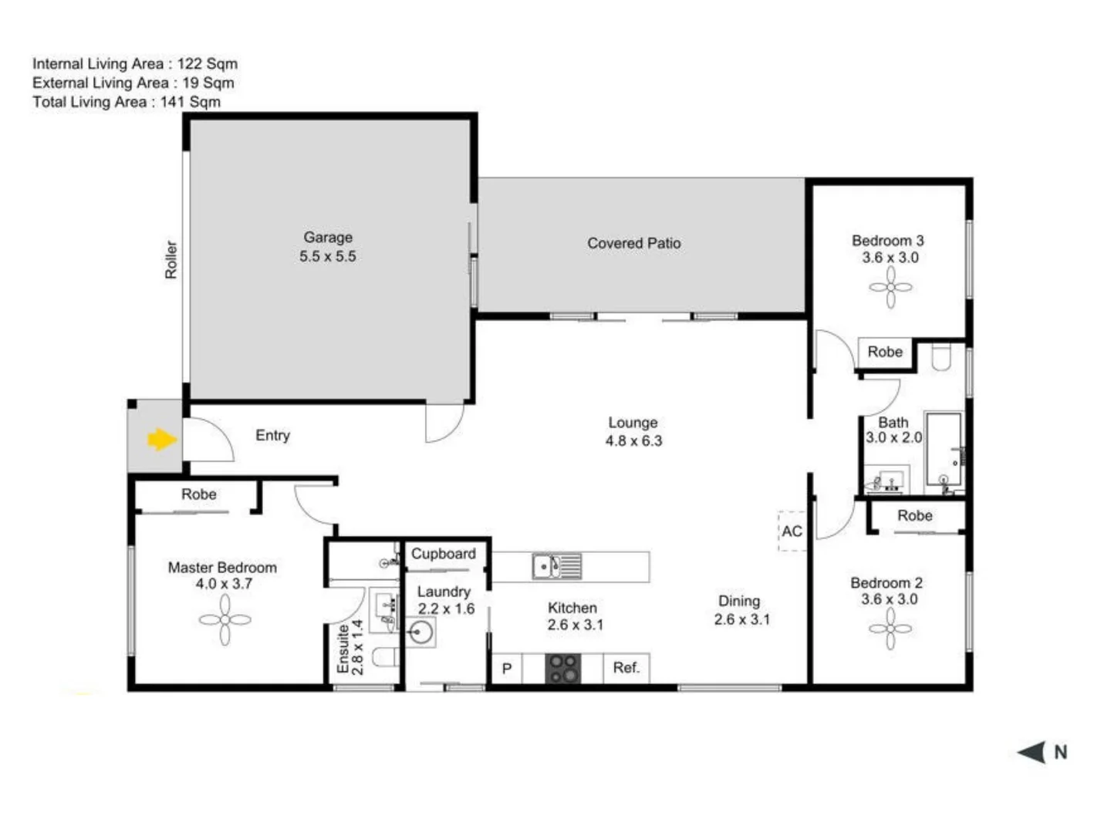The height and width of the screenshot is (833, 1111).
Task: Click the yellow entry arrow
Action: click(161, 440)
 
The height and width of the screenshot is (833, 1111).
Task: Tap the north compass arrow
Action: click(1032, 752)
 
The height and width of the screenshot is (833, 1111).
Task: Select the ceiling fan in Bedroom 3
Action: click(890, 288)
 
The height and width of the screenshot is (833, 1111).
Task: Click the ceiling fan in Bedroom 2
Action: click(890, 629)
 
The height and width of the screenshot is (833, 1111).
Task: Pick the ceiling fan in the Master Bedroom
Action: click(225, 619)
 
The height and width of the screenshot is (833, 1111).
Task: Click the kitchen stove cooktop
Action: click(563, 669)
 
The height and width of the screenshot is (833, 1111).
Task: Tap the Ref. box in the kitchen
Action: click(626, 668)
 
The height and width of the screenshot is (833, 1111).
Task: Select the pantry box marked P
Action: click(507, 669)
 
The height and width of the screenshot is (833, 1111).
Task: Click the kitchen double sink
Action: click(555, 567)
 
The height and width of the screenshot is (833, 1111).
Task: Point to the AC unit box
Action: click(792, 531)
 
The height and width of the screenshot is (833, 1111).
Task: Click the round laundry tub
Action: click(421, 634)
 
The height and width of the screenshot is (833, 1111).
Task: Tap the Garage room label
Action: click(328, 238)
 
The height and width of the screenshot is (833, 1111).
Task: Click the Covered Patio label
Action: click(633, 244)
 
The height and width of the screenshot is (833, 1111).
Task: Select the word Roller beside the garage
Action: click(171, 260)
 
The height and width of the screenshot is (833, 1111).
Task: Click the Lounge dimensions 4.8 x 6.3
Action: click(633, 441)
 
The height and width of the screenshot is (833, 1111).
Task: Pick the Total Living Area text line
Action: click(127, 102)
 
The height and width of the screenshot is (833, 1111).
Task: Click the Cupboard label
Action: click(443, 554)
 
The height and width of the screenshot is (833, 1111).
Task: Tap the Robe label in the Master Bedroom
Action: click(199, 494)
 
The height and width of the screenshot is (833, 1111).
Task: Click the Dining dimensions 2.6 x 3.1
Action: click(741, 619)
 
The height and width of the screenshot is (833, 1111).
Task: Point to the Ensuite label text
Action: click(343, 649)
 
